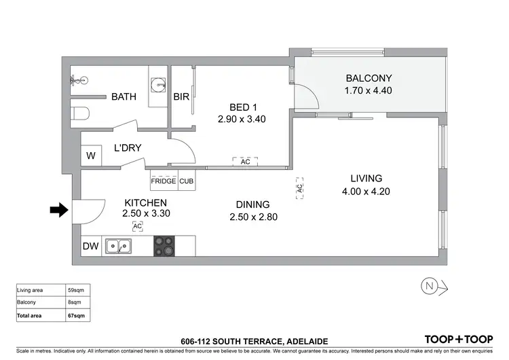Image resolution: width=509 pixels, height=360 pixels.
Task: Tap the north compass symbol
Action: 429,286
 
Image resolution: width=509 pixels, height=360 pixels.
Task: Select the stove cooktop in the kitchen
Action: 164,246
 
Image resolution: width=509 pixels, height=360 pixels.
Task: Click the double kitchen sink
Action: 118,247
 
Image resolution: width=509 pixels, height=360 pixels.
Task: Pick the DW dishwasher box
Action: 90,247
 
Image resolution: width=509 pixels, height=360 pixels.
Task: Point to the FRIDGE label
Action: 164,181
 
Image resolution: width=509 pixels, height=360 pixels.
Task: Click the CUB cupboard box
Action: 186,181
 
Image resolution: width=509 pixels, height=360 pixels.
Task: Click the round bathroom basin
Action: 157,85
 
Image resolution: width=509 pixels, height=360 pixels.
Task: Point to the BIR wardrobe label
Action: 181,97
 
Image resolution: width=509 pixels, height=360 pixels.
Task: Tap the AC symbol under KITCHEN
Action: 137,226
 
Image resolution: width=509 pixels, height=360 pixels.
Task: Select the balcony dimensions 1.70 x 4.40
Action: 368,90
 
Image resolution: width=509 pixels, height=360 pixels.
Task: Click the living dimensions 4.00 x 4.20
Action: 366,192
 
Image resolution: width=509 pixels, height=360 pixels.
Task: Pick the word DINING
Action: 252,204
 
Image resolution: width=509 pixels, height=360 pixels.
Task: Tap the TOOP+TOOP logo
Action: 458,339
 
